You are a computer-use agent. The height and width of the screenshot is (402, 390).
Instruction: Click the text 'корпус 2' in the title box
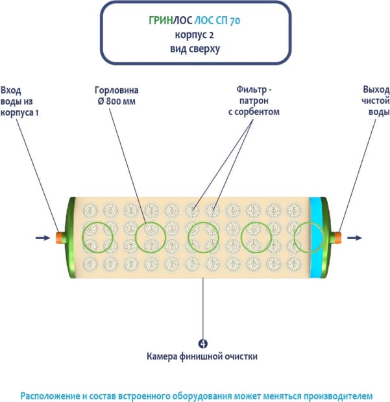point(195,35)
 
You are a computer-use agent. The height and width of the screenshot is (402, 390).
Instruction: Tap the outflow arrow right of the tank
point(354,238)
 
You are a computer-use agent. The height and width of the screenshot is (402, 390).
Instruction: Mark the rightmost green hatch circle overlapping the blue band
point(308,237)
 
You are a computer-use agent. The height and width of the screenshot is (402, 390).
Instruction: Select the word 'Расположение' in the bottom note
point(49,394)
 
